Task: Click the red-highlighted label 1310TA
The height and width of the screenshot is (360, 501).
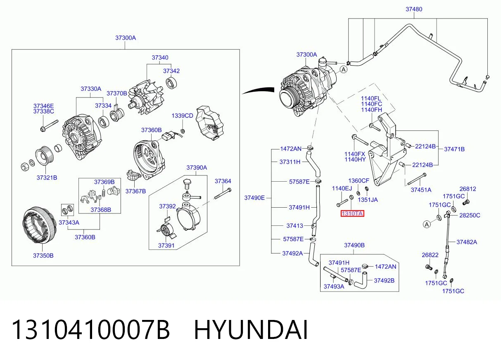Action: click(x=352, y=213)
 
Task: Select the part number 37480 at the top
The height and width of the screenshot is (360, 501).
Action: click(x=414, y=9)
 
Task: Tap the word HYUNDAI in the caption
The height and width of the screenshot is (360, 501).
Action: click(x=251, y=330)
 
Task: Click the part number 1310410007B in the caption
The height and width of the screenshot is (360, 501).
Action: click(x=91, y=330)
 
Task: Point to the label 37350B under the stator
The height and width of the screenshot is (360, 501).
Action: click(x=43, y=256)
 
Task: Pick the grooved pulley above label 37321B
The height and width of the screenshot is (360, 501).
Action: click(x=45, y=156)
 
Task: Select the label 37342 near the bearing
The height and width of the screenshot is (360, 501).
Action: click(x=171, y=71)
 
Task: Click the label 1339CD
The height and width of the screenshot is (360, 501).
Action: click(x=182, y=116)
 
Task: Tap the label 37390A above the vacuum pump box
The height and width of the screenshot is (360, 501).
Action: click(x=197, y=168)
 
